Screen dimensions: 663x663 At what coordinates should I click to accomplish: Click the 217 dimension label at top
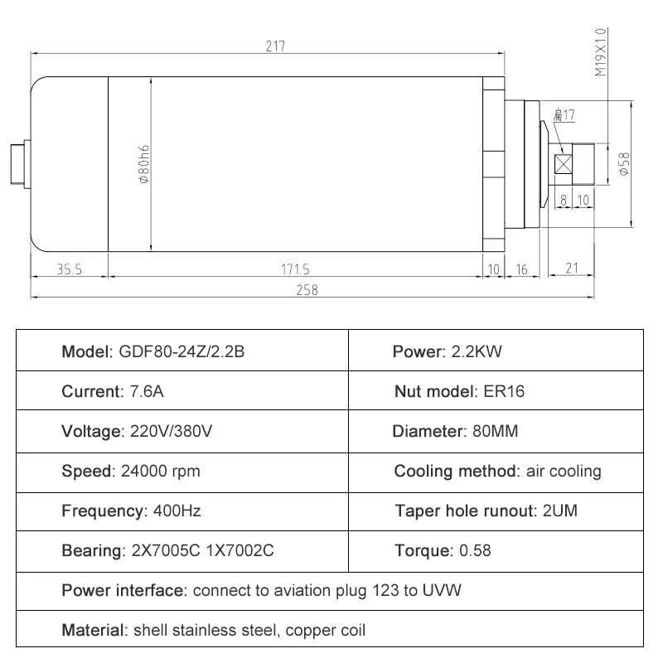(275, 46)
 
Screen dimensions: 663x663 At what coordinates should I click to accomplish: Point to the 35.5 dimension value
(70, 269)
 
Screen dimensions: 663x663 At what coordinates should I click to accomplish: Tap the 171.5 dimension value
(295, 269)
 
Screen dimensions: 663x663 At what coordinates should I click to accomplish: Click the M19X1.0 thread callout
(601, 52)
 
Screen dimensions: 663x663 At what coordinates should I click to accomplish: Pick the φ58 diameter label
(623, 163)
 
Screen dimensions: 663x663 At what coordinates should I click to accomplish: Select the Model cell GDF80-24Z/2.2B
(153, 351)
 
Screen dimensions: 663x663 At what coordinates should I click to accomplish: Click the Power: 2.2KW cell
(448, 351)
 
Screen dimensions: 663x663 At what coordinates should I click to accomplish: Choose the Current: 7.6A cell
(113, 391)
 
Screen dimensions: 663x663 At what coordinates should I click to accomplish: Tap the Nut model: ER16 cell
(459, 391)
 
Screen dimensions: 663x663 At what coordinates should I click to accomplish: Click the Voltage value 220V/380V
(177, 432)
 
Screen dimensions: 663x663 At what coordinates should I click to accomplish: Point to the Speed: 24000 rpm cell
(131, 472)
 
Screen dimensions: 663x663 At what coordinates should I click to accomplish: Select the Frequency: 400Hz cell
(131, 511)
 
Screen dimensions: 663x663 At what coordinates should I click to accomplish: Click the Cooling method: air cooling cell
(497, 472)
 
